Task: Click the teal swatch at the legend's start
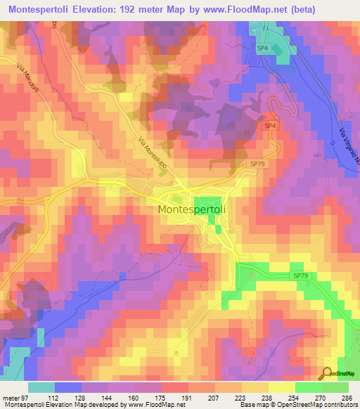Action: pos(41,387)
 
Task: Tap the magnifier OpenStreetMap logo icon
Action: pos(325,373)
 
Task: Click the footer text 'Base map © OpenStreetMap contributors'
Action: pos(297,404)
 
